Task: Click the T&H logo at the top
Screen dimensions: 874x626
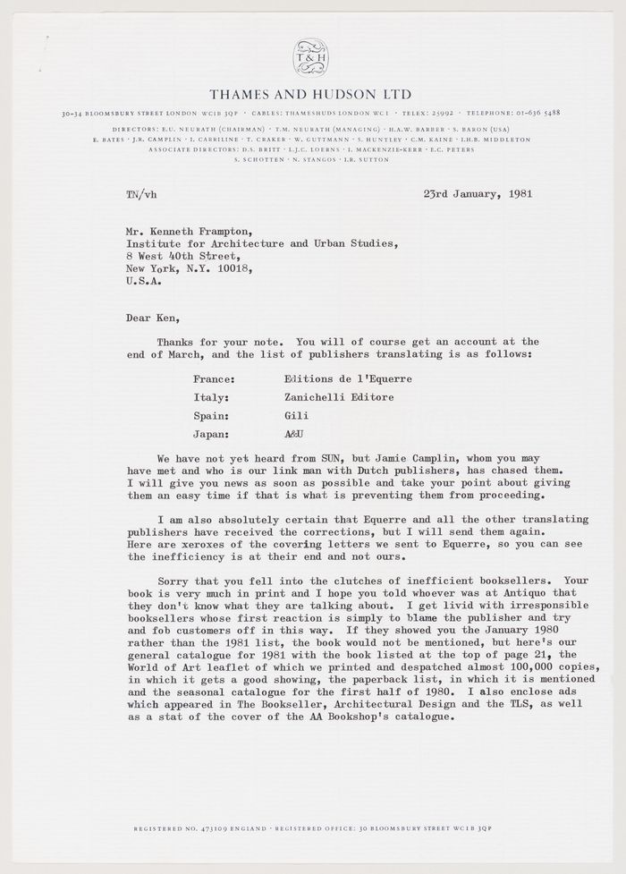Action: click(312, 57)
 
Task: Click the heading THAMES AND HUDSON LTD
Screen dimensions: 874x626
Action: click(311, 94)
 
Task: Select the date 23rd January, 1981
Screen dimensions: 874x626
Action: click(478, 193)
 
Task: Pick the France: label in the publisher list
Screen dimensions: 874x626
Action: click(214, 379)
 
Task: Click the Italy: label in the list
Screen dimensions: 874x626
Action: click(211, 397)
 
